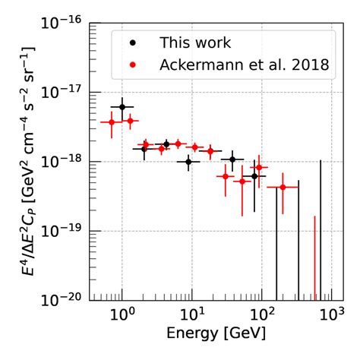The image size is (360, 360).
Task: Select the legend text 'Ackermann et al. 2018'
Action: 244,65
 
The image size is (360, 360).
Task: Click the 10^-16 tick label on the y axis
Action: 65,23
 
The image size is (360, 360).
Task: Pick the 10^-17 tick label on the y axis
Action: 65,92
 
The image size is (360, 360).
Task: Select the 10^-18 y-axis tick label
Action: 65,162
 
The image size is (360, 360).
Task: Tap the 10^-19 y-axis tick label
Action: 65,231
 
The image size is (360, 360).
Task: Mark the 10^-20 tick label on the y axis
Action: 65,300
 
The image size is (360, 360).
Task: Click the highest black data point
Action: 122,107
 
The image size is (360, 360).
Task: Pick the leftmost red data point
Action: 112,122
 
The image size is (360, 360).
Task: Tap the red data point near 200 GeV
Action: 283,187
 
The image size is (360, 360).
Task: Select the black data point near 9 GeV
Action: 189,162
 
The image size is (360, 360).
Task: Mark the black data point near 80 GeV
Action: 254,175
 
